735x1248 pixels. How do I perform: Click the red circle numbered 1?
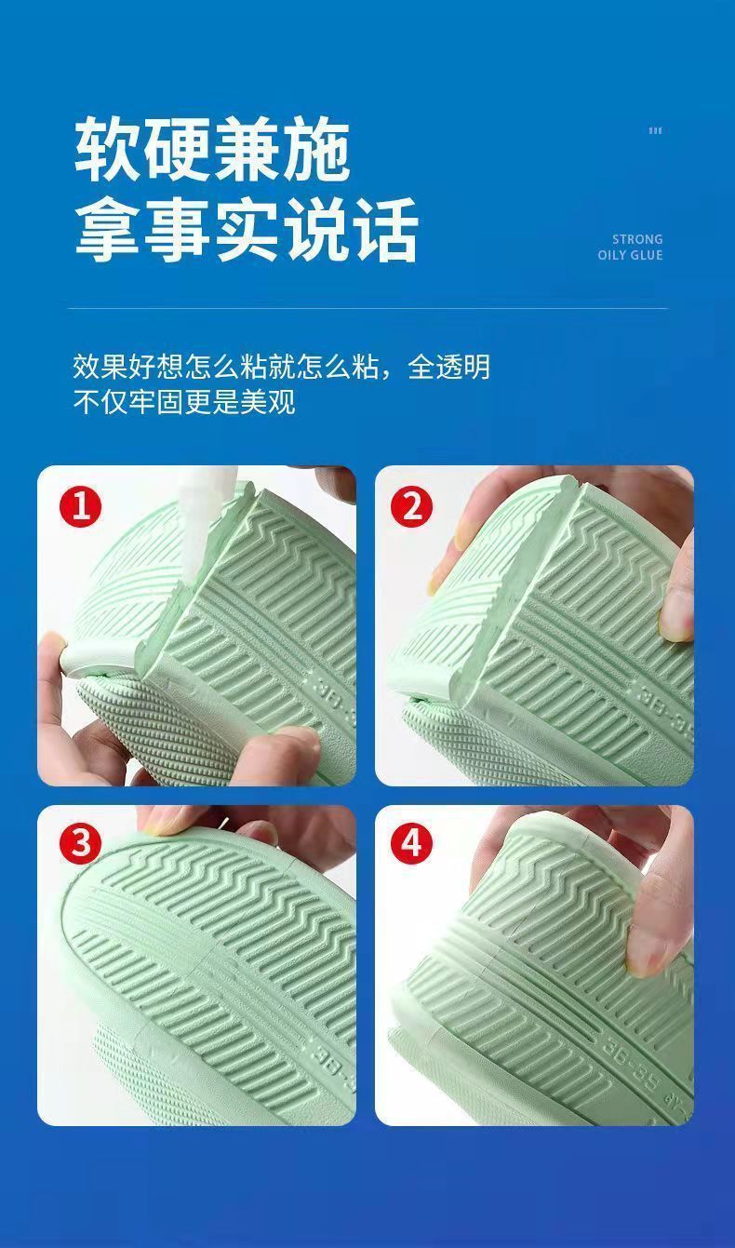click(x=81, y=507)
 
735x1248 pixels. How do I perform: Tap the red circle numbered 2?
click(x=412, y=507)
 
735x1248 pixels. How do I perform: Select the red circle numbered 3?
click(x=81, y=843)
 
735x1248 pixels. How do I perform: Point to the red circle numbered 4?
click(x=412, y=843)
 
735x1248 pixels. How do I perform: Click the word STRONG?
click(x=637, y=239)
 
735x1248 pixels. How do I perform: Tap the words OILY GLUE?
click(x=630, y=255)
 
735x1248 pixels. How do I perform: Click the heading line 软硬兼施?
click(x=212, y=149)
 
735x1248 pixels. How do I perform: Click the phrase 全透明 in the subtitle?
click(x=448, y=368)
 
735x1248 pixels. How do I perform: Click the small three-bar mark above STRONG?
click(x=655, y=131)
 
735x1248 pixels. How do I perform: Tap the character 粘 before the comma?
click(x=366, y=368)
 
